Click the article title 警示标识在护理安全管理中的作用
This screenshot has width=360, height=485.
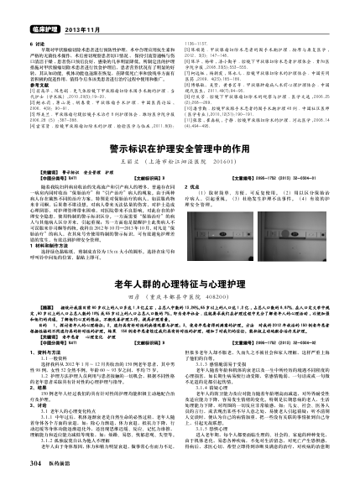pyautogui.click(x=180, y=170)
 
